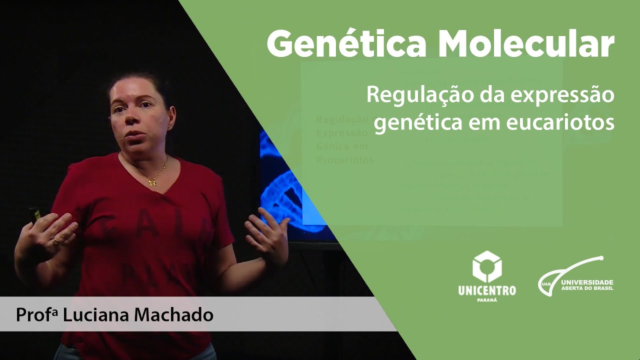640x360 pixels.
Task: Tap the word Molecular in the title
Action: pyautogui.click(x=526, y=43)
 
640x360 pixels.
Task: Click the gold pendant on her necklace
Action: pyautogui.click(x=152, y=182)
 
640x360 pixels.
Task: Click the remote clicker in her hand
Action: pyautogui.click(x=35, y=215)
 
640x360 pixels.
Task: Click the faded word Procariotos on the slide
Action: pyautogui.click(x=345, y=160)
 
